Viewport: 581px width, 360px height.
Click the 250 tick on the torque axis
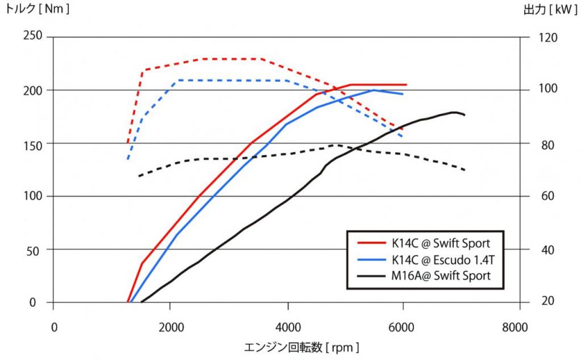click(x=32, y=35)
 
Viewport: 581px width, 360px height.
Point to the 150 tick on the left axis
click(x=33, y=146)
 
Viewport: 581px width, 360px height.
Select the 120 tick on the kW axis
click(x=548, y=38)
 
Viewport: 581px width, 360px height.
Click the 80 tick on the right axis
click(x=548, y=145)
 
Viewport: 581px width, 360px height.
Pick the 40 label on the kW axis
click(x=548, y=250)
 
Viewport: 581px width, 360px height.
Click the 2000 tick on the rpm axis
click(x=171, y=327)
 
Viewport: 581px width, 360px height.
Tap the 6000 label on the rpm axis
click(x=401, y=327)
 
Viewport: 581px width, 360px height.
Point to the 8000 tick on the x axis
click(x=515, y=327)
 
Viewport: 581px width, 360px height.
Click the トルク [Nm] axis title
click(x=37, y=9)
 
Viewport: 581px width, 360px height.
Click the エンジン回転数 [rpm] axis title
click(x=302, y=347)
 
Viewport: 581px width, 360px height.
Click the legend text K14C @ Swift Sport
click(x=441, y=244)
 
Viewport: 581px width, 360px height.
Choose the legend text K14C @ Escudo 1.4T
click(x=443, y=260)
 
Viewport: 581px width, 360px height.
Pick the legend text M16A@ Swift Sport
click(x=441, y=275)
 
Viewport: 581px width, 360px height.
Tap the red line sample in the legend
click(x=372, y=243)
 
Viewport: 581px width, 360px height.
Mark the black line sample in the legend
click(x=372, y=276)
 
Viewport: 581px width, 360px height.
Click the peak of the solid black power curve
click(x=454, y=112)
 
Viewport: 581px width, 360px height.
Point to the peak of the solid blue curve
click(x=373, y=90)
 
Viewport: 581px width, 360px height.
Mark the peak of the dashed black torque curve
click(x=336, y=145)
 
